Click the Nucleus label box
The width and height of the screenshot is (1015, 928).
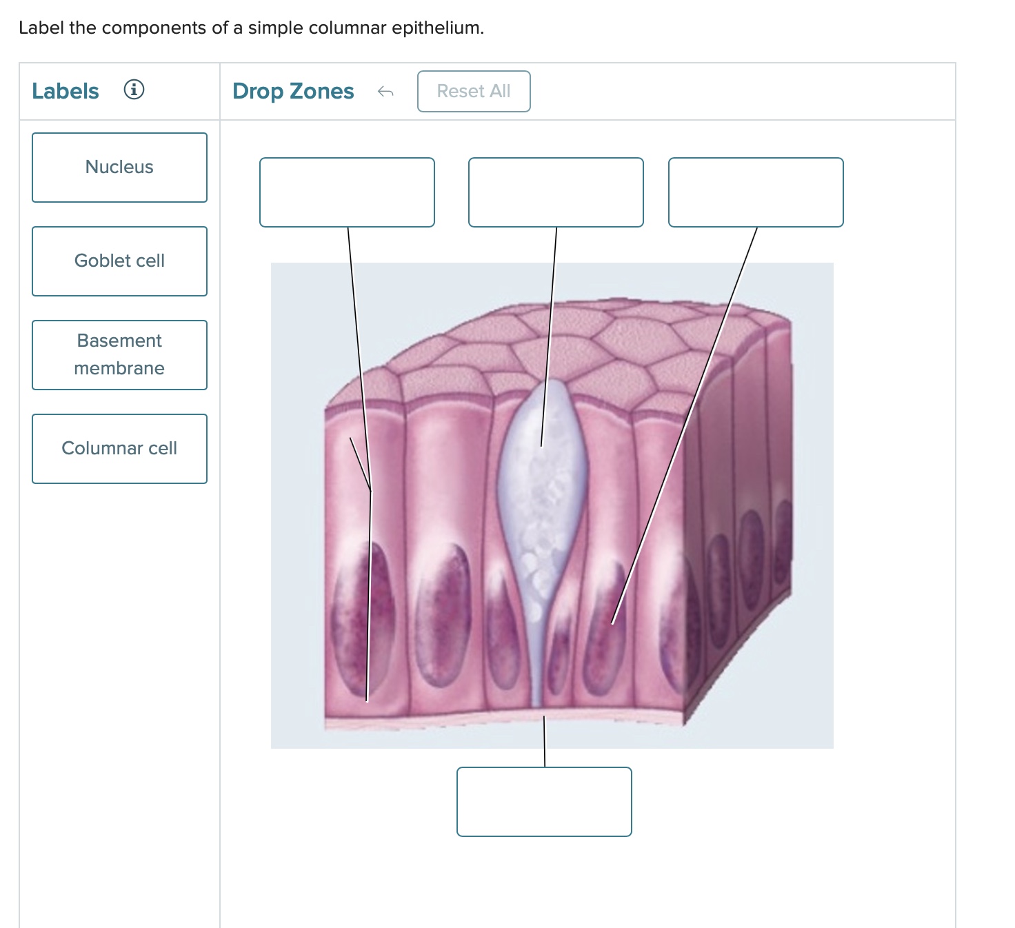[119, 168]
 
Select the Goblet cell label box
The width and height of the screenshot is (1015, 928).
[119, 261]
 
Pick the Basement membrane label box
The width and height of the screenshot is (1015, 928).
[119, 355]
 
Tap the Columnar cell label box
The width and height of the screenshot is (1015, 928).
[119, 449]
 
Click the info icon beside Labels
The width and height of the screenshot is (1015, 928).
[134, 90]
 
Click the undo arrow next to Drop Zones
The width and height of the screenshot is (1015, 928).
[385, 92]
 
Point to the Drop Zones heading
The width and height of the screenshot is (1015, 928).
[293, 91]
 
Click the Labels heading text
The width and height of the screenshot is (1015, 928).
[66, 91]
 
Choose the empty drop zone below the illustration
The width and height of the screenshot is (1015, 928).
[544, 802]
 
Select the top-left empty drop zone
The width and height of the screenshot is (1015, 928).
[347, 192]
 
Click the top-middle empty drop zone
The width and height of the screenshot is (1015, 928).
[556, 192]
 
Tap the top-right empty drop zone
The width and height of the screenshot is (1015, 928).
[756, 192]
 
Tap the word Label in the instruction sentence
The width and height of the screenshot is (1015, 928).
[41, 28]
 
